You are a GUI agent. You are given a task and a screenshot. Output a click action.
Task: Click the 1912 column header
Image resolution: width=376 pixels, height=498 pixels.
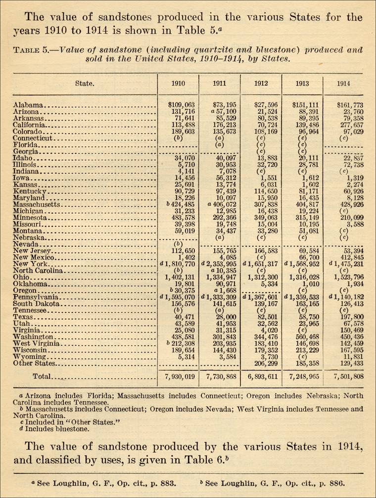261,84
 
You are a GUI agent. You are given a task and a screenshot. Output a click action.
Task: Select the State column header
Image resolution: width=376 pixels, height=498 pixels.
85,84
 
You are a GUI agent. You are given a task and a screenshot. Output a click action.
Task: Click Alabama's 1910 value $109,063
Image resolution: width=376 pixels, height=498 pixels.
182,105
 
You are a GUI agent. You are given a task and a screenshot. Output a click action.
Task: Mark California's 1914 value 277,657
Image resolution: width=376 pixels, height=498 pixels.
349,125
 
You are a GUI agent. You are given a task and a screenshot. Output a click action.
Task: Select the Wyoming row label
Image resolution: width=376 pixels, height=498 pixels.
30,356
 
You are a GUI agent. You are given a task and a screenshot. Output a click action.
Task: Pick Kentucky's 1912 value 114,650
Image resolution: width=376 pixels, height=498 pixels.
263,191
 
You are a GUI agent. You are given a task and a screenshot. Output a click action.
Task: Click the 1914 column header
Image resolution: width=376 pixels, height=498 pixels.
343,84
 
